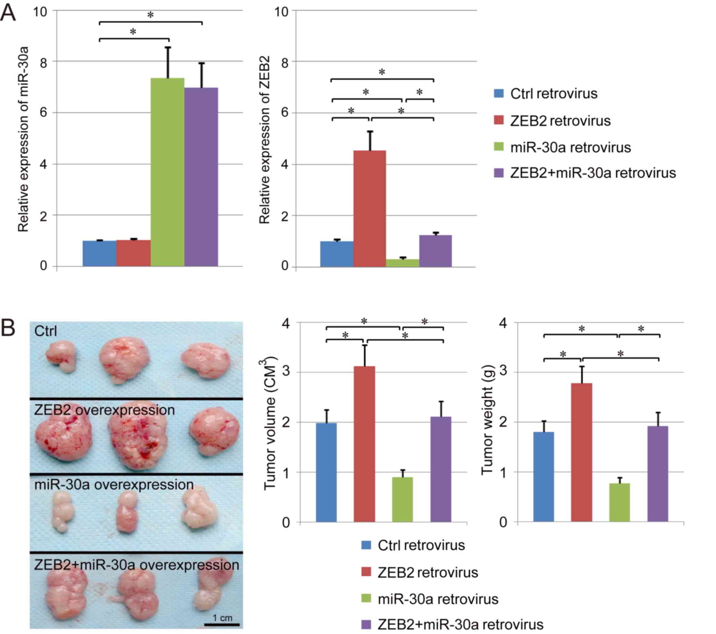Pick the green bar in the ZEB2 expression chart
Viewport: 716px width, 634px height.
pyautogui.click(x=403, y=263)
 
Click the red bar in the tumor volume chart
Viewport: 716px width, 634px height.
pyautogui.click(x=364, y=444)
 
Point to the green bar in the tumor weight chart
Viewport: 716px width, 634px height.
pyautogui.click(x=619, y=503)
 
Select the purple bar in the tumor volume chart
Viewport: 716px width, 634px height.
pyautogui.click(x=441, y=469)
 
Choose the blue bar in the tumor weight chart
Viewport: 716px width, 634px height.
pyautogui.click(x=543, y=477)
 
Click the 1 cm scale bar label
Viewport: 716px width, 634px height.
pyautogui.click(x=222, y=618)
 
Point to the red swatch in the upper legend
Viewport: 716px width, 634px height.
pyautogui.click(x=498, y=120)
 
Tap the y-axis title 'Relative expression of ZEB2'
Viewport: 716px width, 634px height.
pyautogui.click(x=265, y=140)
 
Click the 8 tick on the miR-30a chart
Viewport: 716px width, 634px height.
pyautogui.click(x=43, y=62)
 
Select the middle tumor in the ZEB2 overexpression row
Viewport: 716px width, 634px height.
pyautogui.click(x=137, y=439)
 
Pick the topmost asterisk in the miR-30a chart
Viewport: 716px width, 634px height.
pyautogui.click(x=150, y=15)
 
